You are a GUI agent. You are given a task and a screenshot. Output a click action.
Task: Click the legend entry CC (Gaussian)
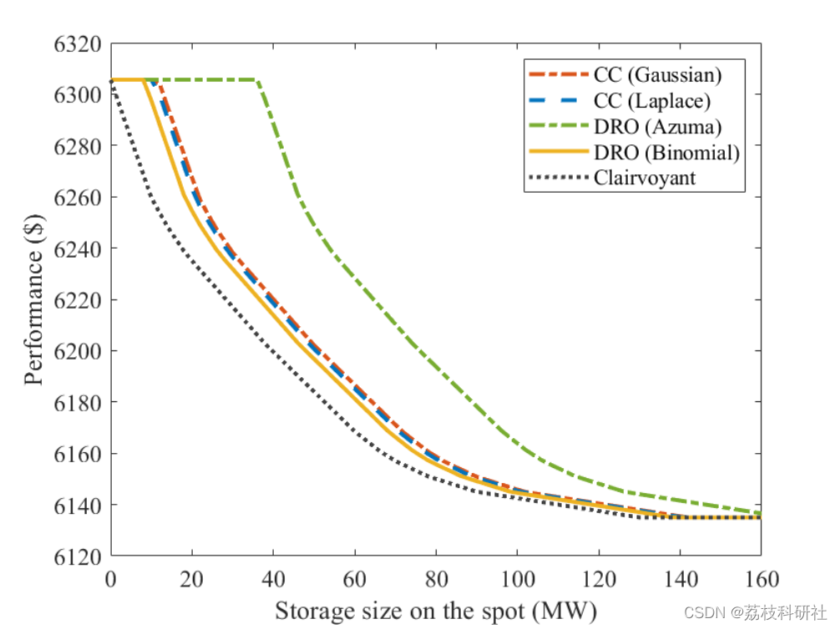(x=657, y=74)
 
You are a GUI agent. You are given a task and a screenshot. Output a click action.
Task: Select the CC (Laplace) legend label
(x=652, y=100)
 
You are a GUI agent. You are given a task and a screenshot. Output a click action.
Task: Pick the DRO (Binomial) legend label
(x=666, y=152)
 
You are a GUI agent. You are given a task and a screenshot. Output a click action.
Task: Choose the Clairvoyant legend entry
(x=645, y=178)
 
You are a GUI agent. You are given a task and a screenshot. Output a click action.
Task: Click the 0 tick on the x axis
(x=110, y=578)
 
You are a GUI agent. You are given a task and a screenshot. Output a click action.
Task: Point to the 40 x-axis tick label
(x=273, y=578)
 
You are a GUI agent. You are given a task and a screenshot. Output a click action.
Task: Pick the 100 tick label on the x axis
(x=517, y=578)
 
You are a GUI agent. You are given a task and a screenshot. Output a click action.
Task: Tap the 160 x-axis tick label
(x=761, y=578)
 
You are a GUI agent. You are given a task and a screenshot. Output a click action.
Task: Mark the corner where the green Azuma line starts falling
(x=257, y=80)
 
